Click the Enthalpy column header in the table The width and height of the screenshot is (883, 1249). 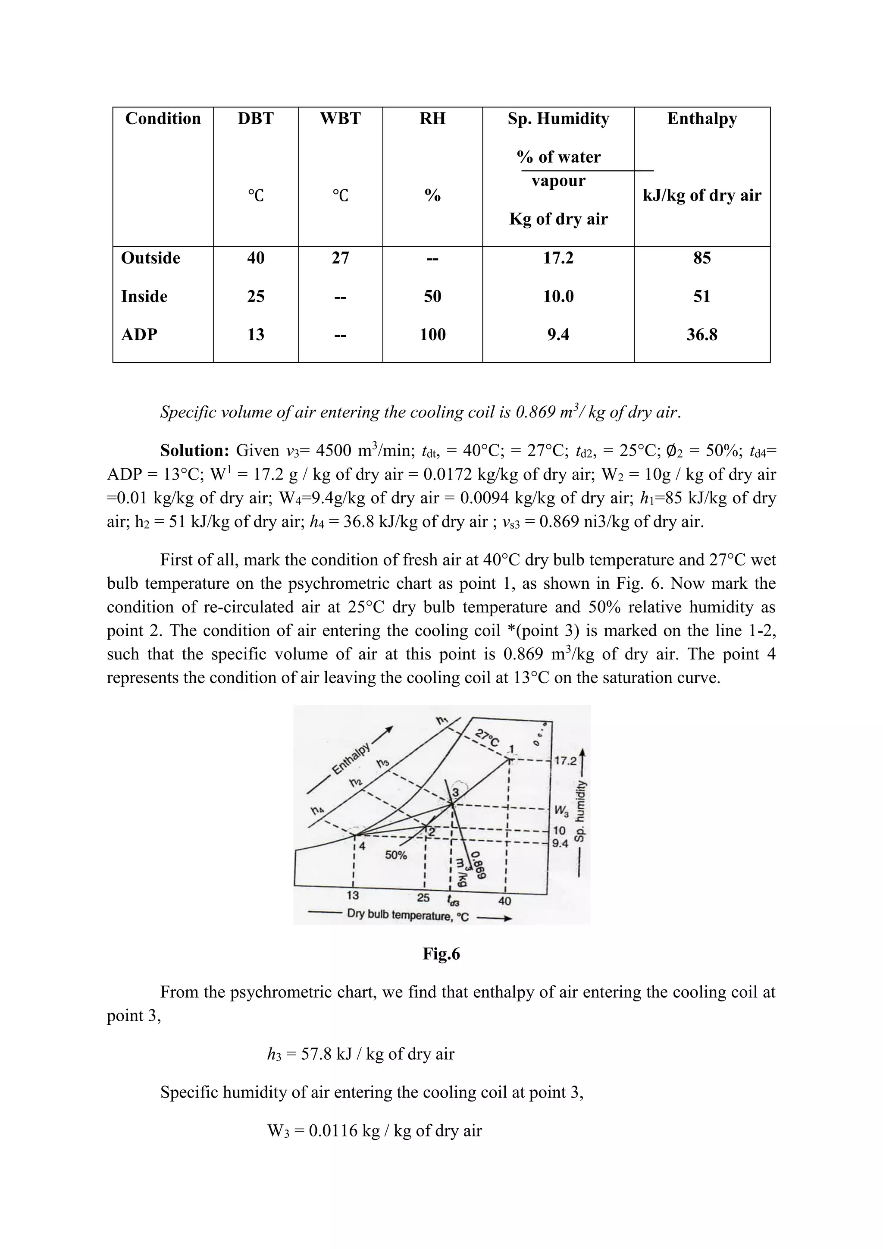tap(701, 119)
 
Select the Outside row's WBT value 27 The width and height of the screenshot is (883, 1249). tap(340, 258)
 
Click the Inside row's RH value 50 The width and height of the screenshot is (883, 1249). tap(432, 296)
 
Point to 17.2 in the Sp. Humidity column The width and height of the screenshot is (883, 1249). tap(558, 258)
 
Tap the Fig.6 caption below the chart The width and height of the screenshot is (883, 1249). tap(441, 954)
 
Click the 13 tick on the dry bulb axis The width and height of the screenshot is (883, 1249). tap(353, 895)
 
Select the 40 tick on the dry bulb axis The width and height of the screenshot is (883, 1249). tap(504, 901)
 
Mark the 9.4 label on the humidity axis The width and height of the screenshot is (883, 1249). tap(560, 844)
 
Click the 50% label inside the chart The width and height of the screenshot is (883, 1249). tap(396, 855)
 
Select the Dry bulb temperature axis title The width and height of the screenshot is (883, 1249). tap(408, 915)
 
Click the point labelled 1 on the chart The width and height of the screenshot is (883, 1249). tap(510, 758)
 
